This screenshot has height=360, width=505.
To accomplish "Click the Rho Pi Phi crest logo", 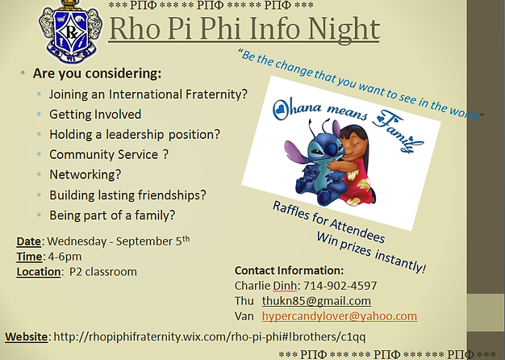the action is [x=70, y=31].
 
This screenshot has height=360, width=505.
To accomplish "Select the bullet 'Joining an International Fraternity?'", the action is [x=148, y=94].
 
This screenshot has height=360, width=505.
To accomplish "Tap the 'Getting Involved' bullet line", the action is [x=95, y=115].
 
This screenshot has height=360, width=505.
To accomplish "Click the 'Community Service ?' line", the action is [x=109, y=155].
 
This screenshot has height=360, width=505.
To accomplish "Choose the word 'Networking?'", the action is [x=85, y=174].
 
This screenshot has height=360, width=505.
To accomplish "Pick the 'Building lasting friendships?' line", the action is [x=127, y=195].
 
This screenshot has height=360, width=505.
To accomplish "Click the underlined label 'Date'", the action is [x=29, y=241].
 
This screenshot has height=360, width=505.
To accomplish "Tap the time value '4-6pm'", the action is [x=65, y=257].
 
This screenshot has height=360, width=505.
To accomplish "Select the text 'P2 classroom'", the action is [x=103, y=272].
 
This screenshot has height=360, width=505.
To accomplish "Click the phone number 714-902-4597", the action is [x=340, y=286].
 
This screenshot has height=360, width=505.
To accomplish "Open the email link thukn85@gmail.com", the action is [x=316, y=301].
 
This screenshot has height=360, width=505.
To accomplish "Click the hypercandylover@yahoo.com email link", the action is [x=340, y=316].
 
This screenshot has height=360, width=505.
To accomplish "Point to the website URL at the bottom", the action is [x=210, y=337].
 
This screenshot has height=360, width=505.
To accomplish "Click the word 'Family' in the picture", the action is [x=399, y=131].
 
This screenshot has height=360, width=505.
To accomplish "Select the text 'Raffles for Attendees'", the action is [x=329, y=222].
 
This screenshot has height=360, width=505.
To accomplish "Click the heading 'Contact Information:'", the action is [x=289, y=270].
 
